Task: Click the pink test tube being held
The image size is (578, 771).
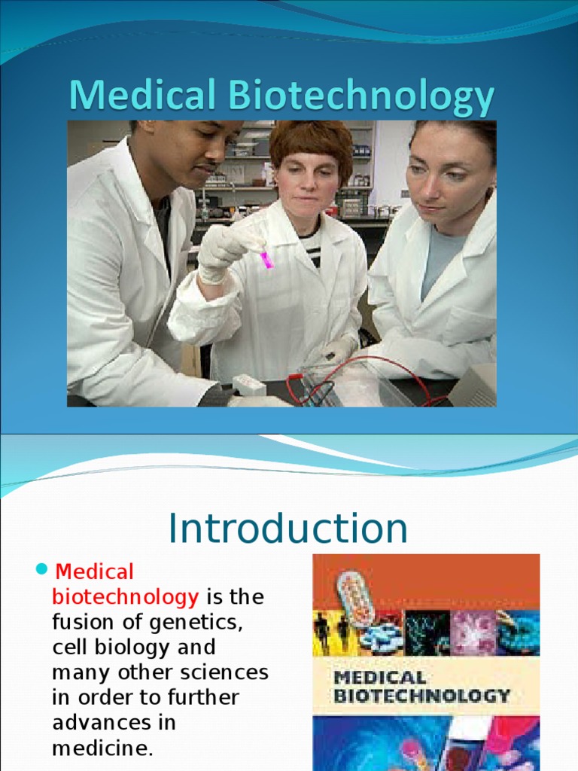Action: click(x=266, y=260)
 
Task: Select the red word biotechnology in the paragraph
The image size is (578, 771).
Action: click(x=125, y=597)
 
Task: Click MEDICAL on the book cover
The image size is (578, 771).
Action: click(x=379, y=678)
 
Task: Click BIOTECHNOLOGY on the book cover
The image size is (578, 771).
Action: click(x=421, y=695)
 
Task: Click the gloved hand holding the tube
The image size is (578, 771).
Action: click(x=226, y=251)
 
